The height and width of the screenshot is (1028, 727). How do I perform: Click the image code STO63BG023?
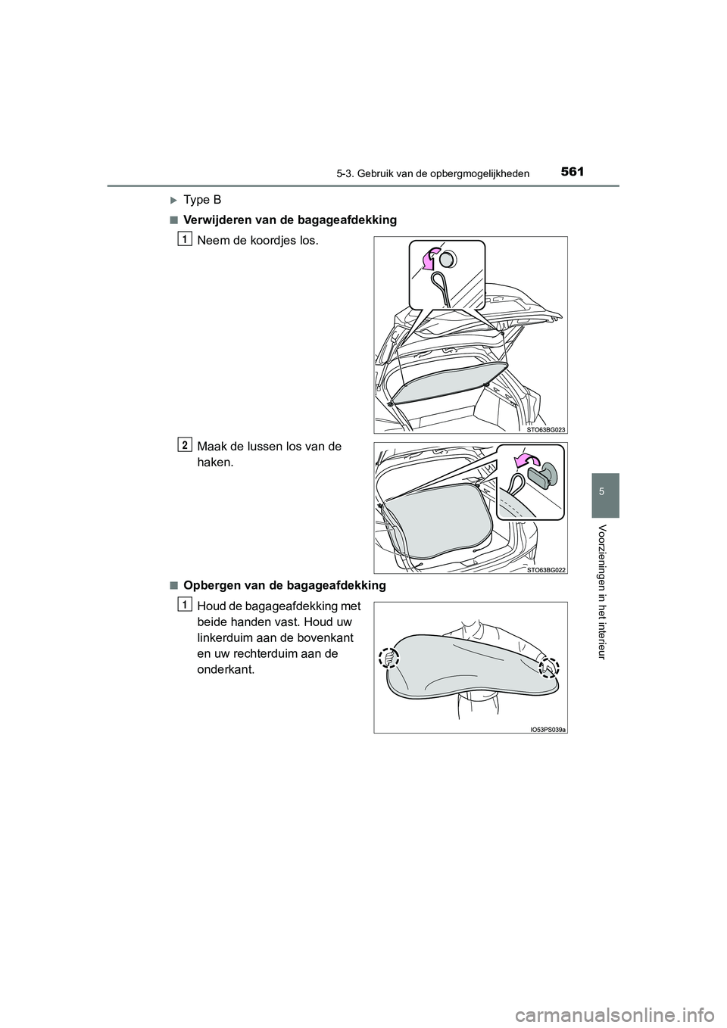coord(547,428)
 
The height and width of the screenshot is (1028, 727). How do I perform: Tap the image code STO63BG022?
coord(547,569)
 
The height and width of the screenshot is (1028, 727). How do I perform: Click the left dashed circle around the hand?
coord(390,659)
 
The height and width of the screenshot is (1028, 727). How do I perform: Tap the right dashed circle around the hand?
coord(548,666)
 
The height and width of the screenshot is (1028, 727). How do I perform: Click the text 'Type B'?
coord(204,200)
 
